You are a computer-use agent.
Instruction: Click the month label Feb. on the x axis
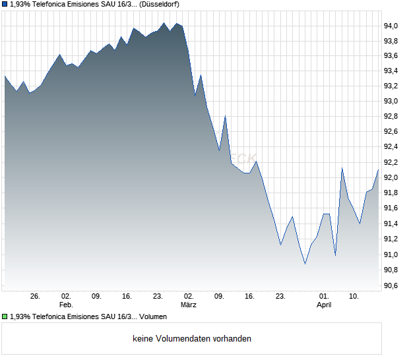(65, 305)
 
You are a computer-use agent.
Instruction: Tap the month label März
(189, 305)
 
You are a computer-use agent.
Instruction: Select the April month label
(324, 305)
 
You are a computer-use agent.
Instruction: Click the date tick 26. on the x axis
(35, 297)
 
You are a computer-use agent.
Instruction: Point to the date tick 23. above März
(158, 297)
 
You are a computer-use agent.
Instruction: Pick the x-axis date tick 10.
(354, 297)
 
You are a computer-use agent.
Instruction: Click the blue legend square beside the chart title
(5, 4)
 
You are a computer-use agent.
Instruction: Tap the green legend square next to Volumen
(5, 317)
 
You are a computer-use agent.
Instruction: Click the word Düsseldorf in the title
(160, 4)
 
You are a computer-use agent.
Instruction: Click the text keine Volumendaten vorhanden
(192, 339)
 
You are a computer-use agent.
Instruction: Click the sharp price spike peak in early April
(342, 168)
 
